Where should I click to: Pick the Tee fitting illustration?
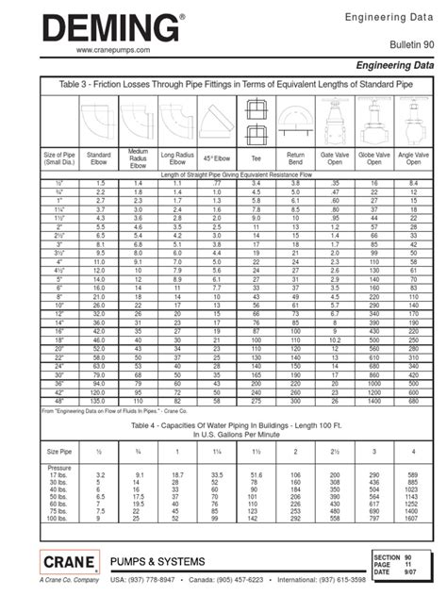click(x=257, y=120)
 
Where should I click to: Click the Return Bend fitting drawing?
click(x=296, y=120)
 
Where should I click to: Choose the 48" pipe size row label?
click(x=59, y=375)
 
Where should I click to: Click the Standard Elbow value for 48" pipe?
click(x=98, y=375)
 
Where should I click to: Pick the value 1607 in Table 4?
click(x=411, y=518)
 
